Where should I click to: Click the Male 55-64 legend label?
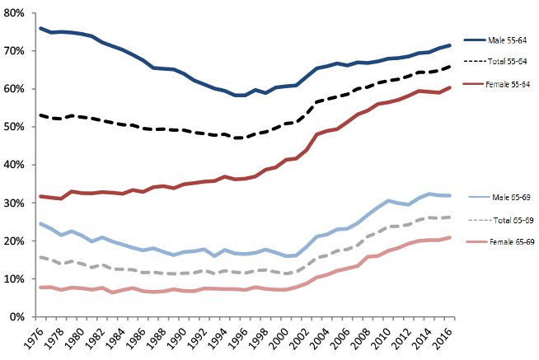pos(509,40)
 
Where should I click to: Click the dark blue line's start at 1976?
pos(40,28)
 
